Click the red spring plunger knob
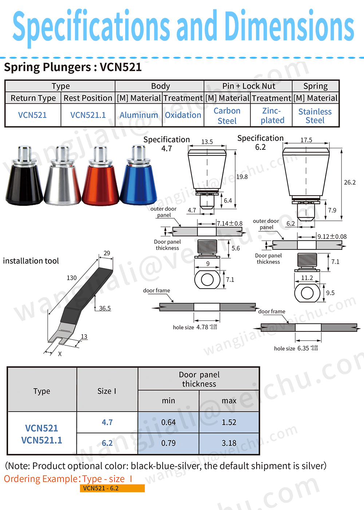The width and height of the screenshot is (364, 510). click(100, 178)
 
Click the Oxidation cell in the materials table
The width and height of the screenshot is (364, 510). click(183, 115)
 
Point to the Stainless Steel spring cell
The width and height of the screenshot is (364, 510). click(315, 116)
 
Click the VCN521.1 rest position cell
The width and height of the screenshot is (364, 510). click(88, 115)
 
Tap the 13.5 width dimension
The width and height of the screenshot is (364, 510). click(207, 142)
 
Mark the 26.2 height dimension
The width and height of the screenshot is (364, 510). click(350, 182)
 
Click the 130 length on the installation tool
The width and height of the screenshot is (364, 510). click(72, 278)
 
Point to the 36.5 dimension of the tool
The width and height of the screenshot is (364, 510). click(105, 308)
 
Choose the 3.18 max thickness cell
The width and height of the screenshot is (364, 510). click(229, 443)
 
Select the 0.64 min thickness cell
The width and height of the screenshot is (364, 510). click(169, 422)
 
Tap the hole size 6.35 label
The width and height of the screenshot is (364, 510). click(296, 348)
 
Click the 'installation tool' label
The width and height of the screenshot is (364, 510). click(31, 261)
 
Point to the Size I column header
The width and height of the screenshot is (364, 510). click(107, 391)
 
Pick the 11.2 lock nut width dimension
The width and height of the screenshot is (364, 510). click(307, 278)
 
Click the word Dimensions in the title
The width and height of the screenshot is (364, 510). click(289, 26)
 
